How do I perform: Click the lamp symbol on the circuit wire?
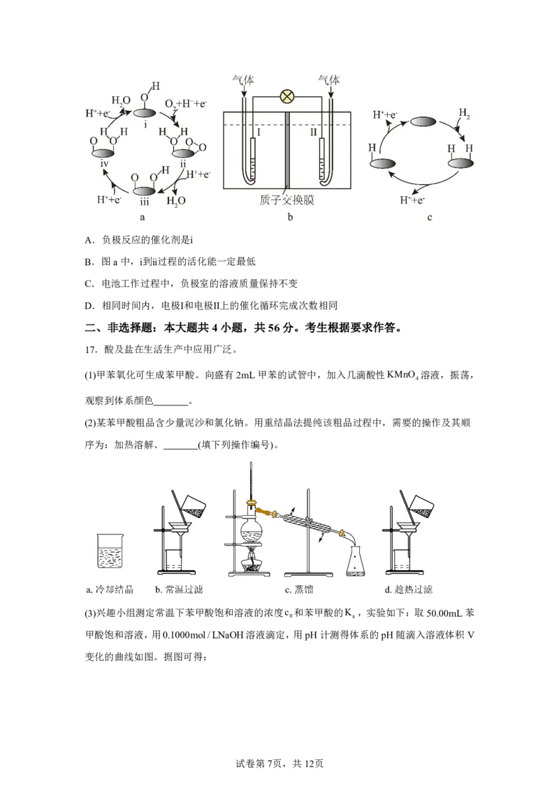tap(286, 96)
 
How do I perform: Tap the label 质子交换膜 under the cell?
tap(286, 200)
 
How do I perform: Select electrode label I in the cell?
tap(259, 132)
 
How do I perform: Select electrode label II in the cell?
tap(313, 132)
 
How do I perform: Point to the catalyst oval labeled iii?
tap(145, 191)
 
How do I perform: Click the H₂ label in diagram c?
tap(464, 113)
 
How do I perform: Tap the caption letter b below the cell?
tap(289, 217)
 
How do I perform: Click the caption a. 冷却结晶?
tap(110, 590)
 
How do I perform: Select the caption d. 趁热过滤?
tap(408, 590)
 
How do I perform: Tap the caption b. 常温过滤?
tap(179, 590)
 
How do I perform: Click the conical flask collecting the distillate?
tap(356, 561)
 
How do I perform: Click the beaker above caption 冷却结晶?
tap(110, 551)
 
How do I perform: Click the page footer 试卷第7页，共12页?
tap(279, 763)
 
